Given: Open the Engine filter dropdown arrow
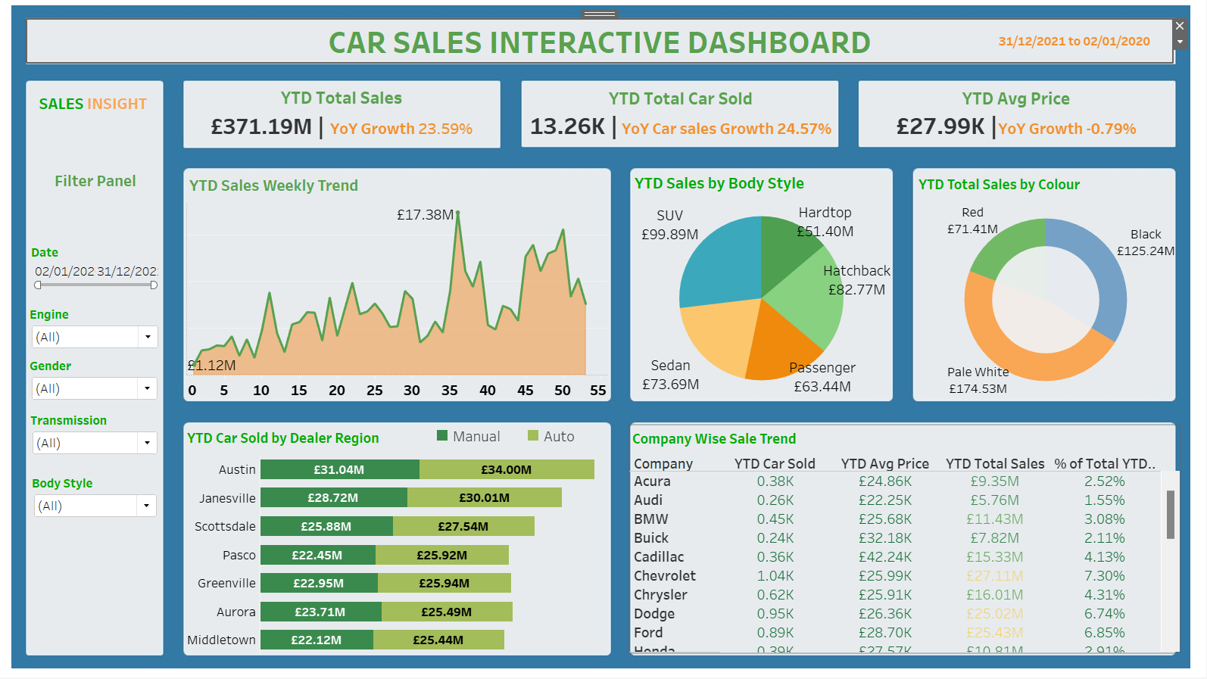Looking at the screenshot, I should tap(148, 337).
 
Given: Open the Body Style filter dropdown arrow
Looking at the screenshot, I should tap(146, 506).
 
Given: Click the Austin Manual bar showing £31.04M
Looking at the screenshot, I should tap(339, 469).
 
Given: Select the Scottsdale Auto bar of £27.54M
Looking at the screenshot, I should tap(463, 526).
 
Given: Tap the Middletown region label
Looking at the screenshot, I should tap(221, 640).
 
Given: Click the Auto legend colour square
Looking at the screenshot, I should tap(533, 435).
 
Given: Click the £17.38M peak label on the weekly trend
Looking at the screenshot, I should tap(425, 215).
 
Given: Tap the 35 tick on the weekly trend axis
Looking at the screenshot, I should tap(450, 391).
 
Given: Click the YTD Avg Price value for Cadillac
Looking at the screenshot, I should tap(884, 557).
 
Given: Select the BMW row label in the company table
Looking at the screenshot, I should tap(651, 519).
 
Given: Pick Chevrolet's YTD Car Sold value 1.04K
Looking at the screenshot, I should tap(775, 576).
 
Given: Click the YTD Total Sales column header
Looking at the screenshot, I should tap(994, 464).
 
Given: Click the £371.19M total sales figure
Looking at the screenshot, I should tap(261, 126).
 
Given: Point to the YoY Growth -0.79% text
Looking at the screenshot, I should tap(1067, 129).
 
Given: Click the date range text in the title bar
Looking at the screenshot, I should tap(1074, 42).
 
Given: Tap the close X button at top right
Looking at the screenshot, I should tap(1179, 26).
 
